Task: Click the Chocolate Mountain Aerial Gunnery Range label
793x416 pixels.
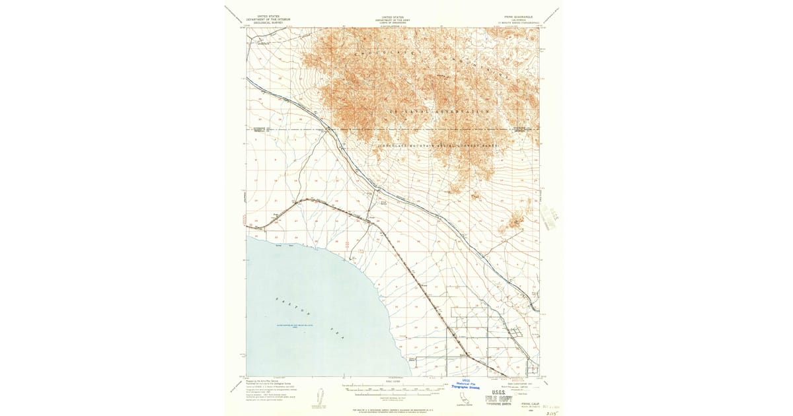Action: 437,145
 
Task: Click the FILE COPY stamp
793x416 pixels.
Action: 498,399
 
